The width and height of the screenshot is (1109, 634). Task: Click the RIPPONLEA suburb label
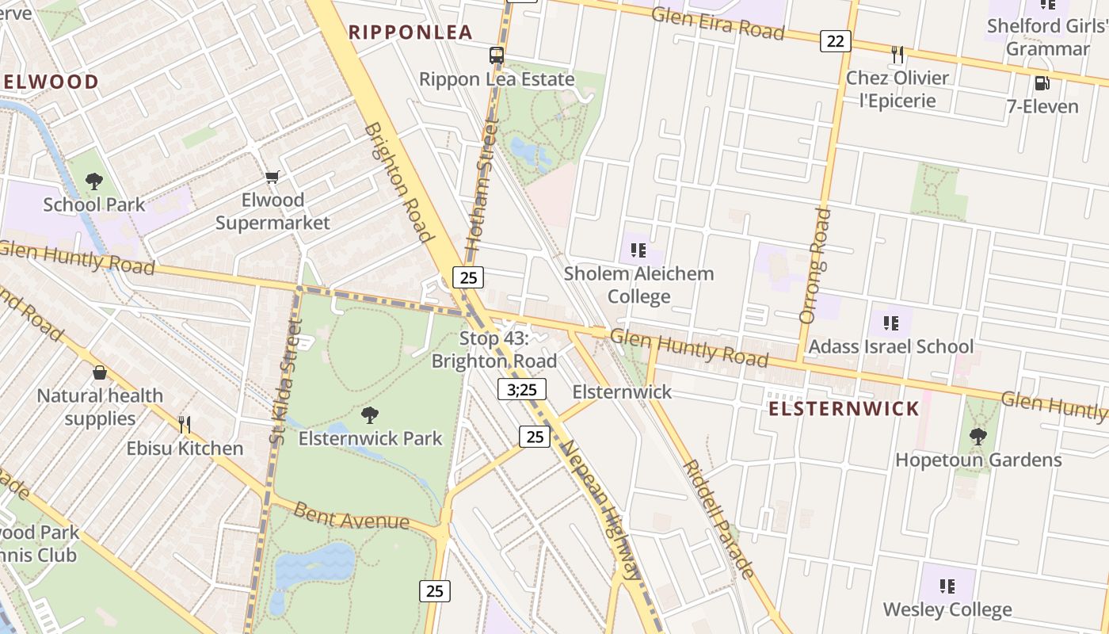tap(410, 32)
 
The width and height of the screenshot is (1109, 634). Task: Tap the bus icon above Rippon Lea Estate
tap(497, 55)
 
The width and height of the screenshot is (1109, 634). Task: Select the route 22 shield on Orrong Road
tap(835, 41)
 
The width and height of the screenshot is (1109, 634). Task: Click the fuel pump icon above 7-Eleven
tap(1042, 83)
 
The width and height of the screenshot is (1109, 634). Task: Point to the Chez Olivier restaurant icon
tap(897, 54)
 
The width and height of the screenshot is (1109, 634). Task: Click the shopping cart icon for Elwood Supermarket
tap(272, 177)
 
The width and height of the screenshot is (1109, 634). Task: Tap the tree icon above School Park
tap(94, 181)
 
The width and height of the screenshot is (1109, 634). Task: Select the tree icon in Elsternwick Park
tap(369, 414)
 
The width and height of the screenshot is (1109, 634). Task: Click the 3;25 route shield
tap(522, 389)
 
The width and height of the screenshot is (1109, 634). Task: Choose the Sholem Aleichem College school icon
tap(638, 251)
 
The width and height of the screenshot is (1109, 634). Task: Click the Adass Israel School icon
tap(891, 323)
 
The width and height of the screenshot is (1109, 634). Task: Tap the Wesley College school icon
tap(947, 586)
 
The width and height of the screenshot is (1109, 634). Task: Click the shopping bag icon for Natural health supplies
tap(100, 372)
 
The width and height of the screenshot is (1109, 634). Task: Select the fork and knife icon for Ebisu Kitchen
tap(185, 425)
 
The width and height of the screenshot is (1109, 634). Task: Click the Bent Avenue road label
tap(351, 515)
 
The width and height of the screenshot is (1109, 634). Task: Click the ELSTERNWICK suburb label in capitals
tap(844, 409)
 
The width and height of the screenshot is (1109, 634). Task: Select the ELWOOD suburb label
tap(51, 82)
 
